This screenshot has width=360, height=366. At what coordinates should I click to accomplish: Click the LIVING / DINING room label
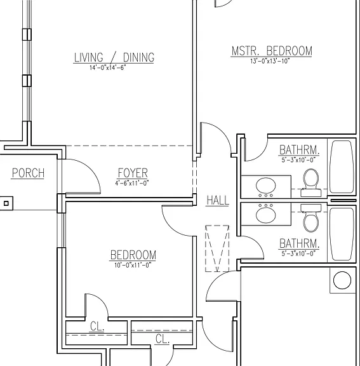coord(114,57)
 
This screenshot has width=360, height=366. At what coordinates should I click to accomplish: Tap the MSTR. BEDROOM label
coord(272,51)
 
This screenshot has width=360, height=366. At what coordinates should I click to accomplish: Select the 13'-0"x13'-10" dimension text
coord(270,61)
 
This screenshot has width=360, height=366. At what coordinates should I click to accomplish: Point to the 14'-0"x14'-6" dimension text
coord(108,68)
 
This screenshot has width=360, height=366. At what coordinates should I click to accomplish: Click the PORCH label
coord(28,173)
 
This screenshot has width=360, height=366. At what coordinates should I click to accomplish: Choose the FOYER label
coord(133,173)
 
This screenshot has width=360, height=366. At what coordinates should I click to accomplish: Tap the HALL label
coord(218,201)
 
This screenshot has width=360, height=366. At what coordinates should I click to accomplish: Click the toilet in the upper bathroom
coord(311,182)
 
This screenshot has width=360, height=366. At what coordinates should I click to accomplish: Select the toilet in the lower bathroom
coord(311,218)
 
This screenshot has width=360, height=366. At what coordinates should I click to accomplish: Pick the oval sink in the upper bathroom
coord(266,186)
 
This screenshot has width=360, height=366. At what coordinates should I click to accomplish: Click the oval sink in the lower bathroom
coord(266,214)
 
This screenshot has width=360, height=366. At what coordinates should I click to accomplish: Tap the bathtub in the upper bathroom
coord(342,166)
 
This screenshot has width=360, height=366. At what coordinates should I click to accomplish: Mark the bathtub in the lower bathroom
coord(342,234)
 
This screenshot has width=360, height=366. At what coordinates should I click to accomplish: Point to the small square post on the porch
coord(6,203)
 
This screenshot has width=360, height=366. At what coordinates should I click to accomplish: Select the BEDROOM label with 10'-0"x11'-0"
coord(133,255)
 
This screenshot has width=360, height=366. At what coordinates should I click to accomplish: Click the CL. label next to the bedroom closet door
coord(97,326)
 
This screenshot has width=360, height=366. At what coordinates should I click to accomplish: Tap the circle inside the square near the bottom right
coord(342,280)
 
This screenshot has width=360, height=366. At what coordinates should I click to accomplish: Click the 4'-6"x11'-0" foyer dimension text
coord(131,183)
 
